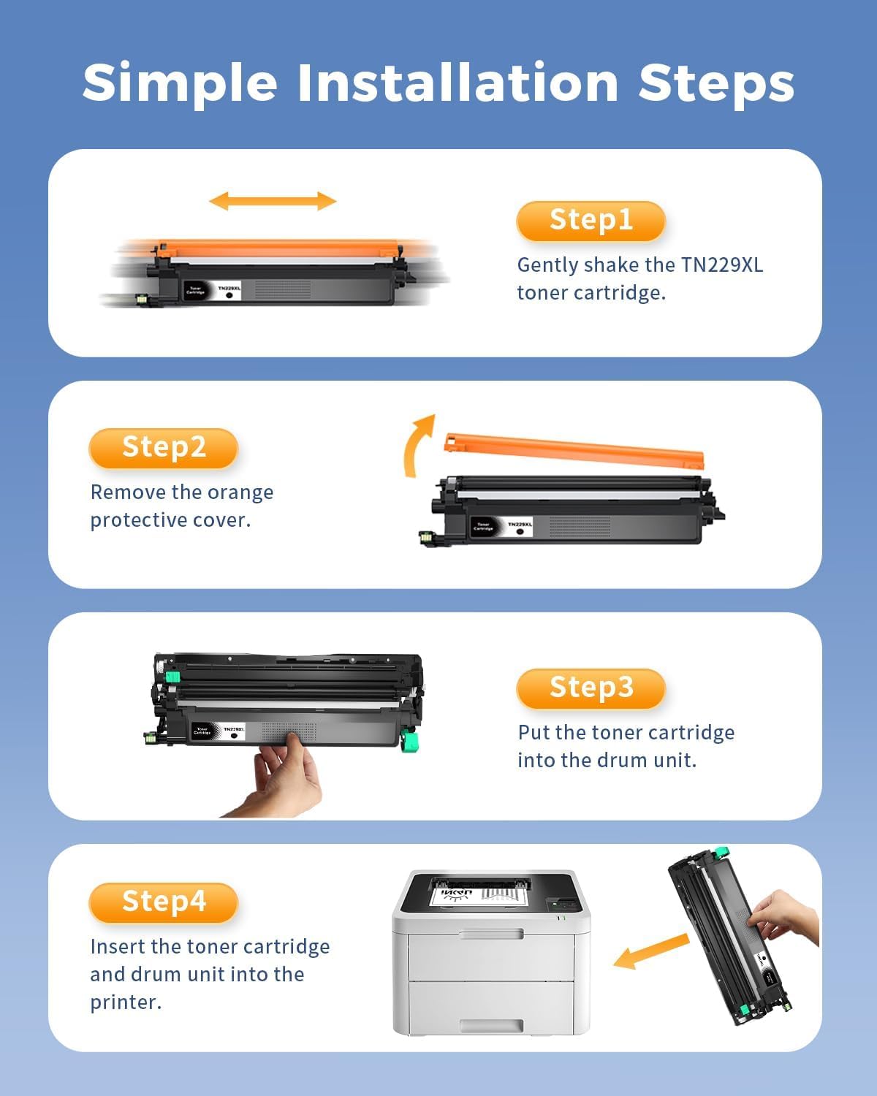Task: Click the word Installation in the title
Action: [458, 83]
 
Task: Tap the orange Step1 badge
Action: [591, 221]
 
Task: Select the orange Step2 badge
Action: [164, 448]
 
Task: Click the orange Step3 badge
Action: [591, 688]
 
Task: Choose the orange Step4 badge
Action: [164, 902]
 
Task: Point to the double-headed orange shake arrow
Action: [273, 201]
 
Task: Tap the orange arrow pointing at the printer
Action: [650, 951]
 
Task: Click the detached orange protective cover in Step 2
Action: [574, 449]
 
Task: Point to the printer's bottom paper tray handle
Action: [491, 1026]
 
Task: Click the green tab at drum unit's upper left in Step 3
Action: [172, 676]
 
